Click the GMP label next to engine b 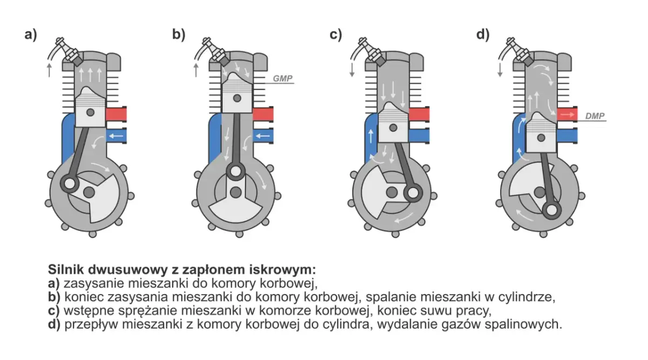coord(282,79)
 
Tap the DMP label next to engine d coord(595,116)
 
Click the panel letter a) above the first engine coord(31,35)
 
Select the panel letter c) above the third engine coord(336,35)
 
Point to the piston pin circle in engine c coord(394,128)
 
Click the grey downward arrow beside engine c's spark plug coord(352,69)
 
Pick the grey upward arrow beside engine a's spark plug coord(50,69)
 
